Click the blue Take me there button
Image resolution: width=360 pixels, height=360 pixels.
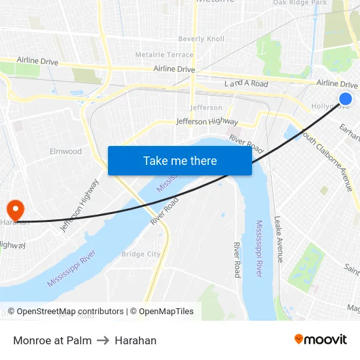point(180,160)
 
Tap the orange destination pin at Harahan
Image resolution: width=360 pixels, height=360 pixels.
point(14,209)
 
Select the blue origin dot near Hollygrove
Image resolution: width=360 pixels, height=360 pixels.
point(346,99)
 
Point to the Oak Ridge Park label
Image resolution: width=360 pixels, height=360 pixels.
point(299,3)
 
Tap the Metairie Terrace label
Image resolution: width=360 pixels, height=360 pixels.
point(164,54)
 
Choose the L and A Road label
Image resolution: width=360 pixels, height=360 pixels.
point(246,84)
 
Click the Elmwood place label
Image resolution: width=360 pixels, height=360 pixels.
point(66,151)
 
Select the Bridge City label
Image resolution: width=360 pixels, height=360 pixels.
point(141,254)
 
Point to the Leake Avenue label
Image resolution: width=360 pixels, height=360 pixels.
point(279,239)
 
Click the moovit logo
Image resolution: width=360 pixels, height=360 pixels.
point(321,339)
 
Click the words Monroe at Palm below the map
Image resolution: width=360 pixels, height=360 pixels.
point(52,340)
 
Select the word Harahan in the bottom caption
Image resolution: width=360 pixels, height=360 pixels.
point(135,340)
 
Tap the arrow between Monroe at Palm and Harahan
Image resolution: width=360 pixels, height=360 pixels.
point(103,340)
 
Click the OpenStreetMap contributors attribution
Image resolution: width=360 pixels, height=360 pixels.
point(65,312)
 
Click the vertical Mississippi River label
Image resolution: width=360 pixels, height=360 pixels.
point(259,249)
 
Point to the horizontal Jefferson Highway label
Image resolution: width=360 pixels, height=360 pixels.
point(207,121)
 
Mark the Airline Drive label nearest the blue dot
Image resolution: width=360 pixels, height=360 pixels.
point(336,84)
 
